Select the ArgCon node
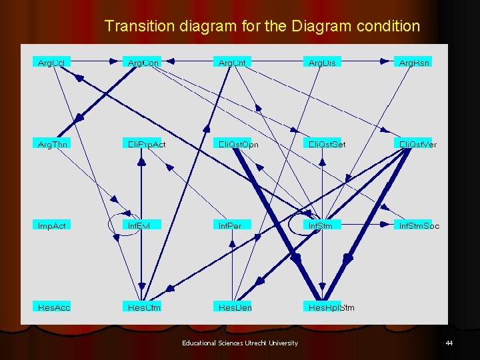coord(143,62)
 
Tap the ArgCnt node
coord(233,62)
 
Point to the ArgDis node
coord(322,62)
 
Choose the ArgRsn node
coord(414,62)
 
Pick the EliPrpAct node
coord(147,144)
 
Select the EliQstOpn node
coord(239,144)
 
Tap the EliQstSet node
coord(327,144)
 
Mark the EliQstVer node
coord(417,144)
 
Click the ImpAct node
coord(52,225)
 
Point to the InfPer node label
coord(230,225)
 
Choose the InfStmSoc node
coord(419,225)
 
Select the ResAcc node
coord(54,307)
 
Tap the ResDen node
coord(235,307)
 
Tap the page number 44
coord(449,343)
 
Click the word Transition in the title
coord(139,27)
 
